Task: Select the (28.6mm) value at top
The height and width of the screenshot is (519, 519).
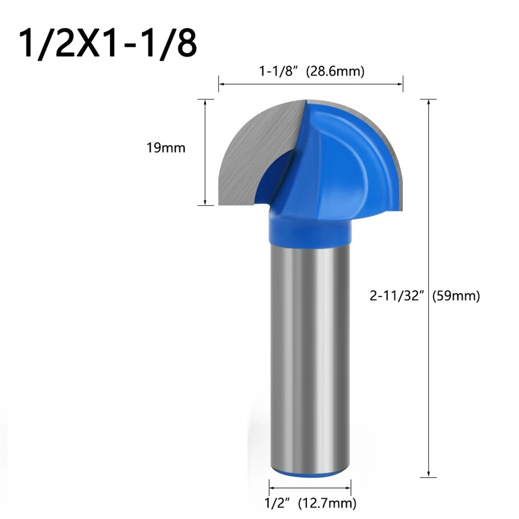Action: click(335, 72)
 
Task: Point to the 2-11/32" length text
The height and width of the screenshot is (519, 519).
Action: click(398, 296)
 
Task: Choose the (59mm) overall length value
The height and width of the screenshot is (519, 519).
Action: click(458, 296)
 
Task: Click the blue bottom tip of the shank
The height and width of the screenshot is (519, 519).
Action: click(310, 473)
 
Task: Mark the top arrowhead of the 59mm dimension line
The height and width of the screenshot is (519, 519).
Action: click(428, 102)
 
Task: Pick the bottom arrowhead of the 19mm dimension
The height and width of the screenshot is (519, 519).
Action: click(206, 203)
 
